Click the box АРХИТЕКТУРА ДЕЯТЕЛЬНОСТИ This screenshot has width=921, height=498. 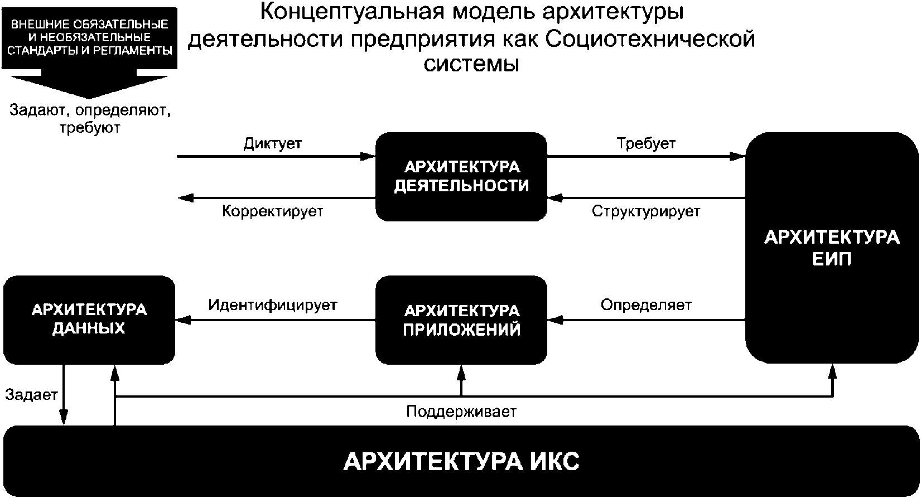(x=461, y=177)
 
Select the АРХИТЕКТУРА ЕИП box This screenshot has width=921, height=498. (x=832, y=248)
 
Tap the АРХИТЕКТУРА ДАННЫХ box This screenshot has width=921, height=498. (x=89, y=320)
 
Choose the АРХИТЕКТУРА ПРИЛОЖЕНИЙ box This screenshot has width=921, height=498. (x=461, y=320)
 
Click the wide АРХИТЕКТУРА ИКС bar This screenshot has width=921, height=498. (x=461, y=461)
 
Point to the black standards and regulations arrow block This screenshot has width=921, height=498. (x=89, y=52)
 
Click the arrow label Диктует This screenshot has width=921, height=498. (x=273, y=144)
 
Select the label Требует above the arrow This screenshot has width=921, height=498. (x=646, y=143)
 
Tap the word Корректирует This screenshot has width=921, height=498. (x=273, y=211)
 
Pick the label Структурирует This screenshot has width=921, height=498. (x=646, y=211)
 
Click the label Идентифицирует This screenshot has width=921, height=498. (x=273, y=305)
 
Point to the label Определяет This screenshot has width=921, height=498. (x=646, y=305)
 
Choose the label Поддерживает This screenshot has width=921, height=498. (x=461, y=412)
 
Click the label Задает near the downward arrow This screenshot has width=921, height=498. (x=31, y=394)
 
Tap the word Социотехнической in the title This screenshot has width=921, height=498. (x=650, y=40)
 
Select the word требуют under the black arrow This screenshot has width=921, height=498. (x=90, y=128)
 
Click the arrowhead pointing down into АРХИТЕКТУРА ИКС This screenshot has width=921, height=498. (x=64, y=418)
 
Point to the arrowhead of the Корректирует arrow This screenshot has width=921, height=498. (x=185, y=199)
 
